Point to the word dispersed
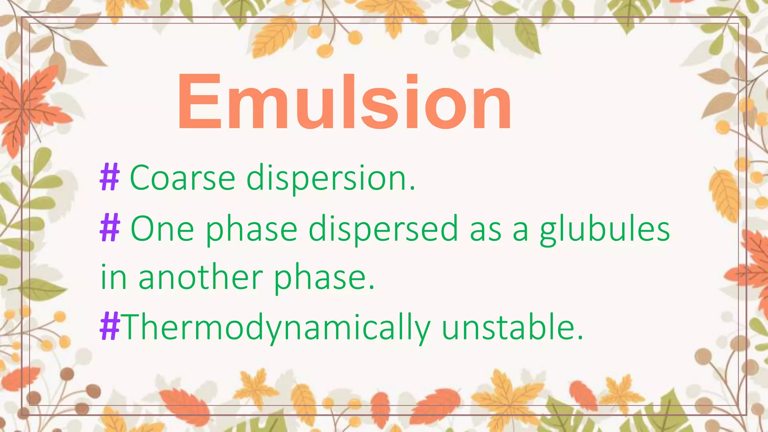tap(383, 229)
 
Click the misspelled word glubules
tap(604, 229)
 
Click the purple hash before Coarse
tap(109, 178)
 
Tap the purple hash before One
tap(110, 228)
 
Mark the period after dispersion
tap(412, 188)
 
